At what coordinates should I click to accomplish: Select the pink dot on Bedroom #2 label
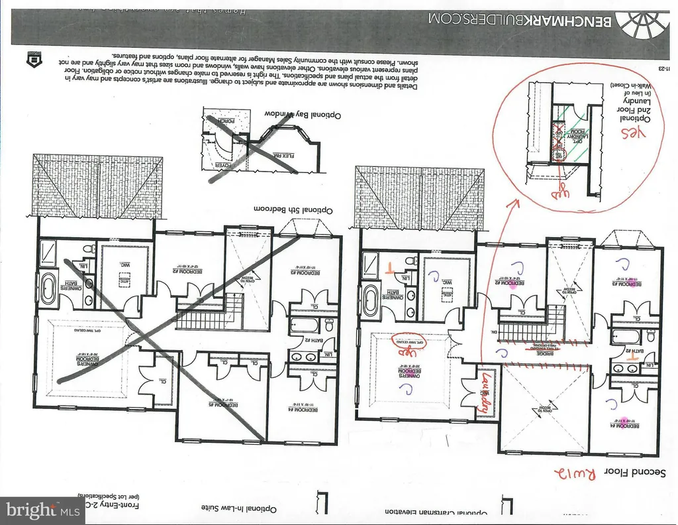click(512, 286)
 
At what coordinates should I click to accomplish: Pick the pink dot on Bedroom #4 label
click(624, 420)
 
